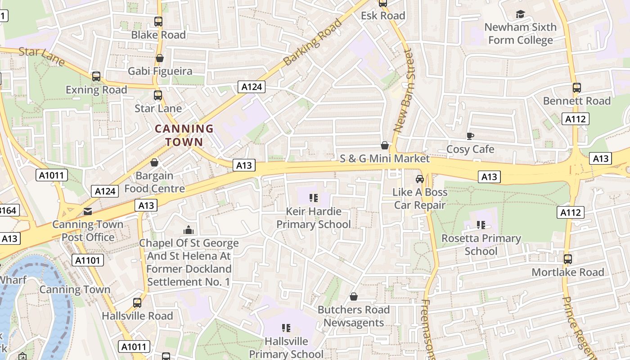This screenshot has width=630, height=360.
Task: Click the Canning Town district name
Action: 184,135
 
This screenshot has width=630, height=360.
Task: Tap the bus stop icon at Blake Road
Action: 158,21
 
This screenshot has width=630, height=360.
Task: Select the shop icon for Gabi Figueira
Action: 159,58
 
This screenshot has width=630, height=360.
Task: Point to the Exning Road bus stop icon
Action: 96,76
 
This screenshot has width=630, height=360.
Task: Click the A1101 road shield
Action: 88,260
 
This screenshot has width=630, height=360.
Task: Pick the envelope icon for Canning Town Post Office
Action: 87,211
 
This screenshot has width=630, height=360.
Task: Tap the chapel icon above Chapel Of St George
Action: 188,230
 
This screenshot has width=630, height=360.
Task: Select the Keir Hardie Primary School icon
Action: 314,198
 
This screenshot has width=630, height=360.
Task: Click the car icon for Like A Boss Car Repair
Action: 419,179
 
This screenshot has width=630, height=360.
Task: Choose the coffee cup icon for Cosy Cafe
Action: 470,136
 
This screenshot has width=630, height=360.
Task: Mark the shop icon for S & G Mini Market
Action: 384,145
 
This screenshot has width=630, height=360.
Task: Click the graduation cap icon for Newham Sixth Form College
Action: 520,14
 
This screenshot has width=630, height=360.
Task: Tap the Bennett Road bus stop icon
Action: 576,88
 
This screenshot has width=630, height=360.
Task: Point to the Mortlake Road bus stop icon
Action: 567,259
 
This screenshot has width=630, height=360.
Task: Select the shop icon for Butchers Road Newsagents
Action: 354,297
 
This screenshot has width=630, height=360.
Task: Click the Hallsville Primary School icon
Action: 286,328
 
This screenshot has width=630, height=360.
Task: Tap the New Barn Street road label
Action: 403,90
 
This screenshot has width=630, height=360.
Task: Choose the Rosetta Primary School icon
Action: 481,225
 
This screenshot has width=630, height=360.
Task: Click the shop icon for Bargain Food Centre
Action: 154,162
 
